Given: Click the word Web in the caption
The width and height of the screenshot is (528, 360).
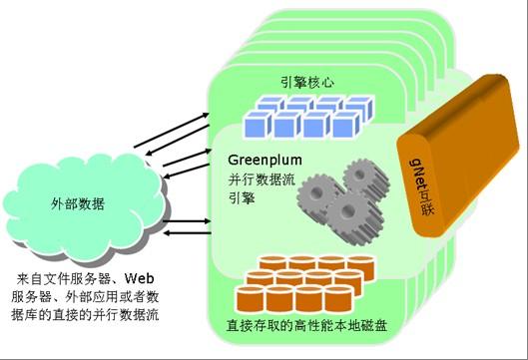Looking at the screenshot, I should tap(146, 279).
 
